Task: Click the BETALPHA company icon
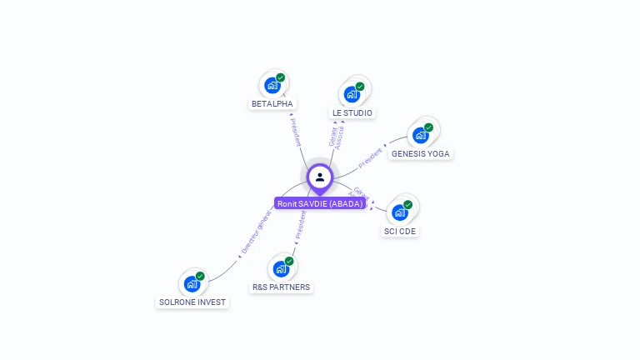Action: pyautogui.click(x=272, y=85)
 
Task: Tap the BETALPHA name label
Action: pyautogui.click(x=272, y=104)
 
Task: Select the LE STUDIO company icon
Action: pyautogui.click(x=352, y=93)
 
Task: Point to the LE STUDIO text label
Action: pyautogui.click(x=352, y=112)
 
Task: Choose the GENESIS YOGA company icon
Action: pyautogui.click(x=421, y=135)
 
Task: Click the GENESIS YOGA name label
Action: pyautogui.click(x=421, y=154)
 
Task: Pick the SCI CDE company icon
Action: pyautogui.click(x=400, y=212)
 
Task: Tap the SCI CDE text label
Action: pyautogui.click(x=400, y=231)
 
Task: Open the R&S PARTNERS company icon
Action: pyautogui.click(x=281, y=268)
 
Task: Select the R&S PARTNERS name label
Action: pyautogui.click(x=281, y=287)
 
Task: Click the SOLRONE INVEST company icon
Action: pyautogui.click(x=192, y=283)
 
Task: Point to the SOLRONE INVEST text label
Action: pyautogui.click(x=192, y=302)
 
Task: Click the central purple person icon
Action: pyautogui.click(x=320, y=177)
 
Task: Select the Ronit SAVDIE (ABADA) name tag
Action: pyautogui.click(x=320, y=203)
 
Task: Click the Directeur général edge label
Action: pyautogui.click(x=257, y=232)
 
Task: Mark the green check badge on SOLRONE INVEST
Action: pyautogui.click(x=200, y=276)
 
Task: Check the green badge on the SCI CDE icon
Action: pyautogui.click(x=408, y=204)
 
